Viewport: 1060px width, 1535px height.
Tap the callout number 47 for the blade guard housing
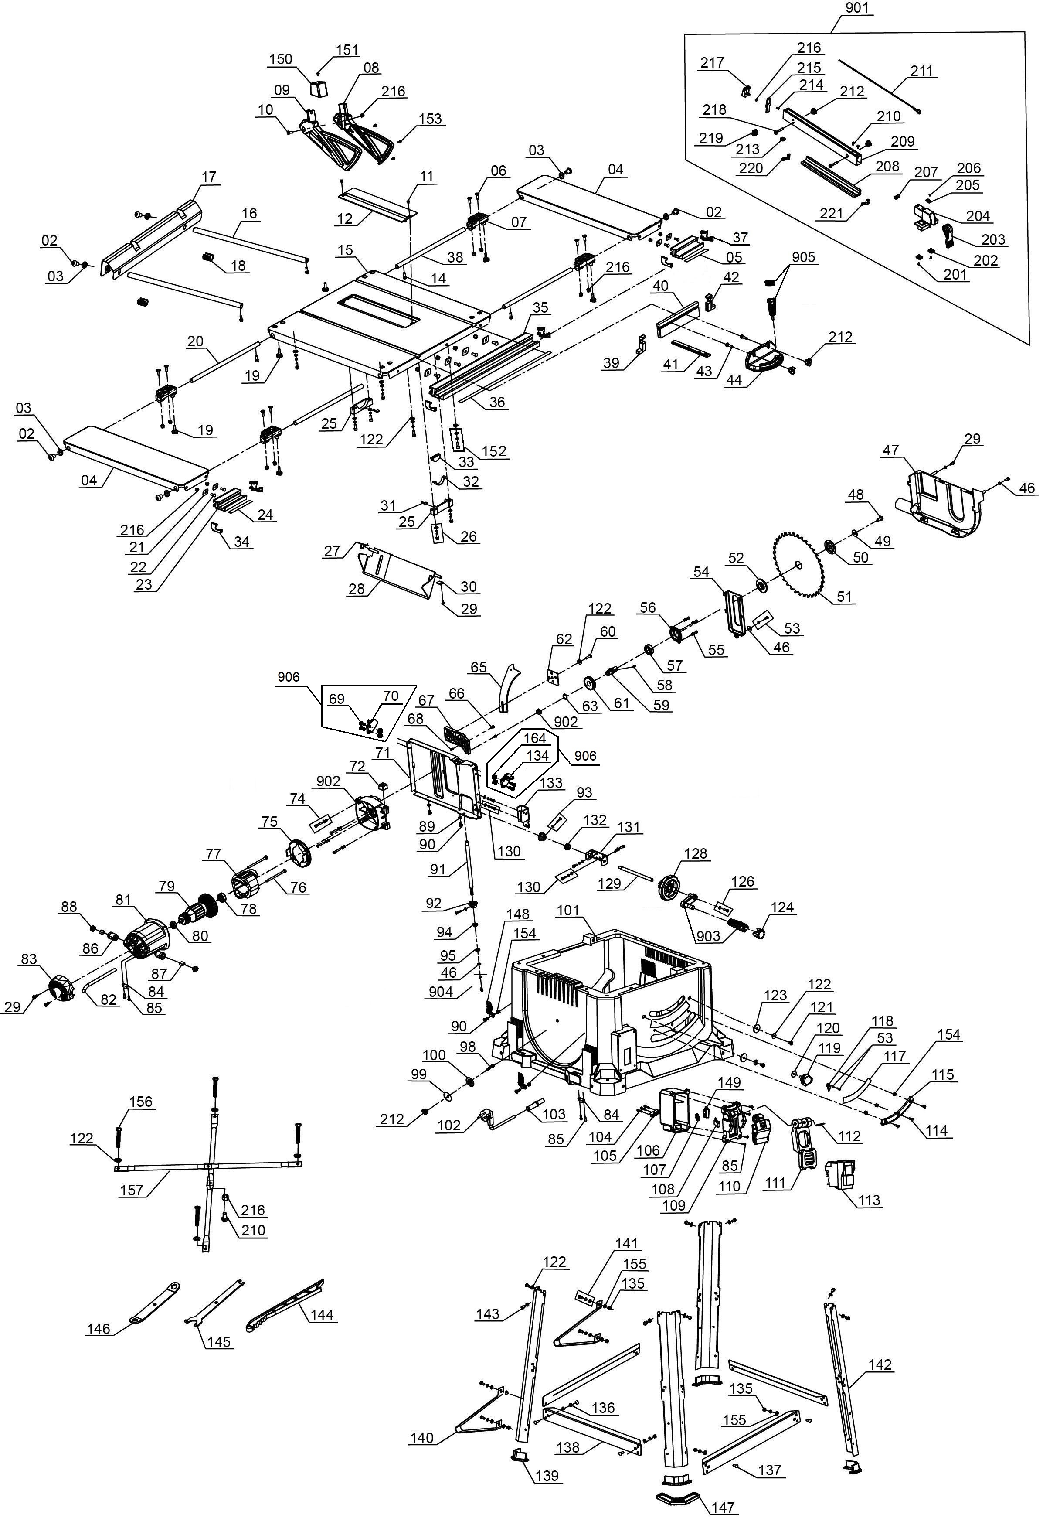click(890, 450)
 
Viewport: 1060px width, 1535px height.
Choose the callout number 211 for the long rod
click(921, 71)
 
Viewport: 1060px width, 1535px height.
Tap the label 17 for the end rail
click(209, 177)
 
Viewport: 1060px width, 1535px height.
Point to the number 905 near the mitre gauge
click(804, 257)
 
